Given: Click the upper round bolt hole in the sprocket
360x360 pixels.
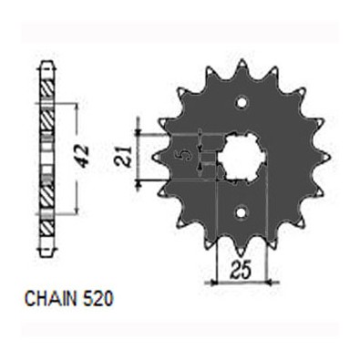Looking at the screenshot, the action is tap(242, 102).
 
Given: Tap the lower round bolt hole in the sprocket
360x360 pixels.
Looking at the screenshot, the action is tap(242, 212).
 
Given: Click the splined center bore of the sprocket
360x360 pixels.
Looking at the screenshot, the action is tap(242, 157).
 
